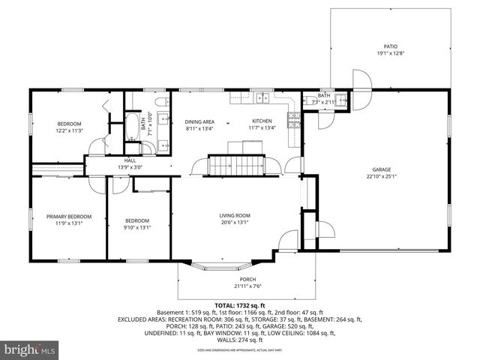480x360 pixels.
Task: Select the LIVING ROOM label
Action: click(x=235, y=215)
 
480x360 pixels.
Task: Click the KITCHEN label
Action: click(x=262, y=121)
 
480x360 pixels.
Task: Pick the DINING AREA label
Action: click(x=199, y=121)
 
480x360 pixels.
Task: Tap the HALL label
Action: click(x=130, y=160)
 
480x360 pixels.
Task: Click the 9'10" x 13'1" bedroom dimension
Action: click(x=138, y=227)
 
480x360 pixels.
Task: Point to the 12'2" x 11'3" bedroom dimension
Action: click(x=70, y=130)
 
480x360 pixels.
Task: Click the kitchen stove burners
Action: click(x=295, y=116)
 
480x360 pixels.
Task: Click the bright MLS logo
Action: click(x=30, y=349)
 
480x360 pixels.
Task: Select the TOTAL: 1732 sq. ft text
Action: click(x=239, y=306)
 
